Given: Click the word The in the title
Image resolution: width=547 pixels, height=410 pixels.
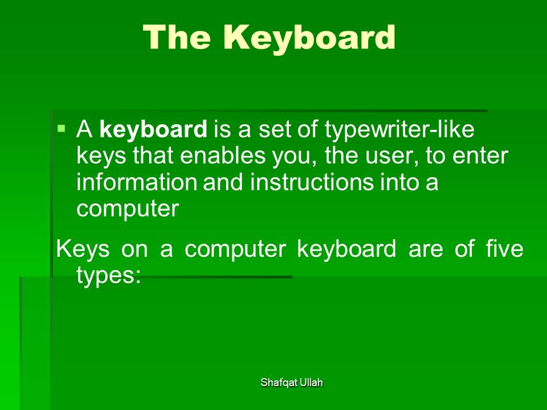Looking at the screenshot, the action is coord(177,37).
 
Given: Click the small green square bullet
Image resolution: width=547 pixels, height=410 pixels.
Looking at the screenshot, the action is coord(62,129).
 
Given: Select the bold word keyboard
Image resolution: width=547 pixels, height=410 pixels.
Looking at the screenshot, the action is coord(153,129).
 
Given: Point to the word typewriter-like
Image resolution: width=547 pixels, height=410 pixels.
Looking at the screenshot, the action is coord(399,130).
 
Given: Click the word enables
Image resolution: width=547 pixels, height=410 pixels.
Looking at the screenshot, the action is coord(223,155).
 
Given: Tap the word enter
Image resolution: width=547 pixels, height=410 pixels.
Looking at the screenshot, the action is coord(480,156).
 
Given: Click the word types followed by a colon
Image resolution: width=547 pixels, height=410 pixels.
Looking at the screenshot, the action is coord(108,276).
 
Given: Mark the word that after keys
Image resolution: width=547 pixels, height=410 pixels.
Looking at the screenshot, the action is coord(153,155).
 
